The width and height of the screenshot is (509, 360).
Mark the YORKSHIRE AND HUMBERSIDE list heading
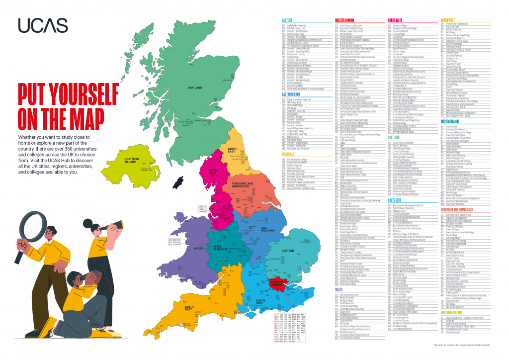click(462, 210)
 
